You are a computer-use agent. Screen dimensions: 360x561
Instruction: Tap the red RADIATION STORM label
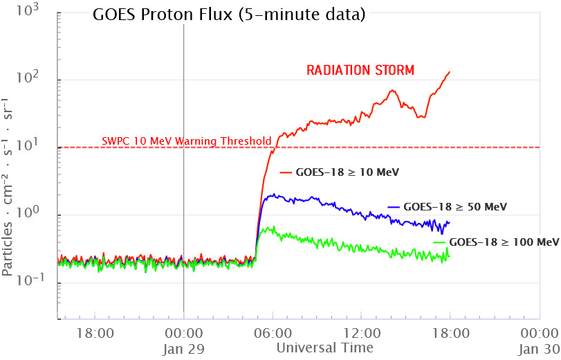(x=360, y=70)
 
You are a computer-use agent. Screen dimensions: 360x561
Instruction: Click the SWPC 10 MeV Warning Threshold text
(x=186, y=141)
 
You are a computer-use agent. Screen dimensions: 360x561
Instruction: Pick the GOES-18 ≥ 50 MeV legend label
(x=456, y=206)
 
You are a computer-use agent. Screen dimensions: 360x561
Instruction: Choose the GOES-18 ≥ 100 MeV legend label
(x=504, y=242)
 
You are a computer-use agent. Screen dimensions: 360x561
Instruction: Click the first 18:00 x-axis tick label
(x=95, y=333)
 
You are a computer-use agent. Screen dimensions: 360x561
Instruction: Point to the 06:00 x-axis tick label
(x=273, y=333)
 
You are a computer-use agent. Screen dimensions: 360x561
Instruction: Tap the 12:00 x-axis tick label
(x=362, y=333)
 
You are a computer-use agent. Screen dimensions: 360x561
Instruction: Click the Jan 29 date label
(x=183, y=348)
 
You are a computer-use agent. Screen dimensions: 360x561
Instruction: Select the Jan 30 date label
(x=539, y=348)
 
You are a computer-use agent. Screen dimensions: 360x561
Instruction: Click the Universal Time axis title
(x=325, y=348)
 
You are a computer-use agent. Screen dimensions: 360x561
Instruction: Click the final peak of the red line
(x=450, y=72)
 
